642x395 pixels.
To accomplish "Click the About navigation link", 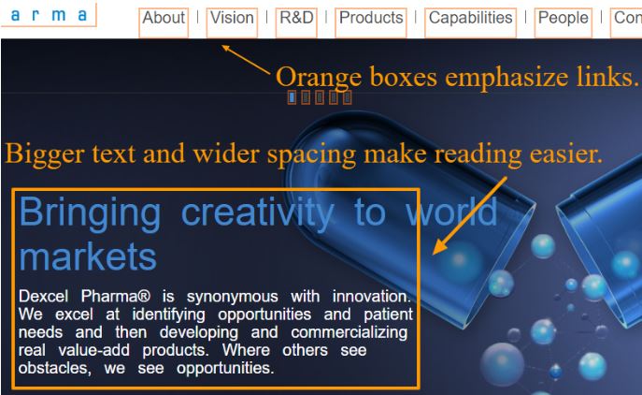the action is coord(164,18).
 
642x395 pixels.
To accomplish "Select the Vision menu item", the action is coord(232,18).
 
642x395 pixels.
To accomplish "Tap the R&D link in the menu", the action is coord(296,18).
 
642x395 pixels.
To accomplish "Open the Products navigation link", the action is coord(371,18).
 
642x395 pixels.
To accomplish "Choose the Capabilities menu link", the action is coord(470,18).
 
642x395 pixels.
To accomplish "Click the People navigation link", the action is coord(563,18).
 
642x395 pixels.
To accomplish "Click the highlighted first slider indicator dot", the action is coord(292,97).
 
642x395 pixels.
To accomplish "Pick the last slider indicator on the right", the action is coord(348,97).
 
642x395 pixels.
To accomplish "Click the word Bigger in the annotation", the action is coord(45,154).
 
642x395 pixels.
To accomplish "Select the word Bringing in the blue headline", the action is coord(90,213).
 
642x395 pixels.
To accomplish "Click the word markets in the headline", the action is coord(88,256).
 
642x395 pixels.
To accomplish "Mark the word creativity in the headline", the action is coord(258,213).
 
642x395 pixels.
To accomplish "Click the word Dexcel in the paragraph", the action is coord(43,296).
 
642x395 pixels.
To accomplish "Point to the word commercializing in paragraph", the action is coord(350,332).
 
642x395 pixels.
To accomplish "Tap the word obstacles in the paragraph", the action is coord(54,368).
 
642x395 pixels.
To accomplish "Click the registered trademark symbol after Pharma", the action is coord(144,296).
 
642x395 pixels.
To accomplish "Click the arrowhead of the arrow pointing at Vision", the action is coord(225,48).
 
